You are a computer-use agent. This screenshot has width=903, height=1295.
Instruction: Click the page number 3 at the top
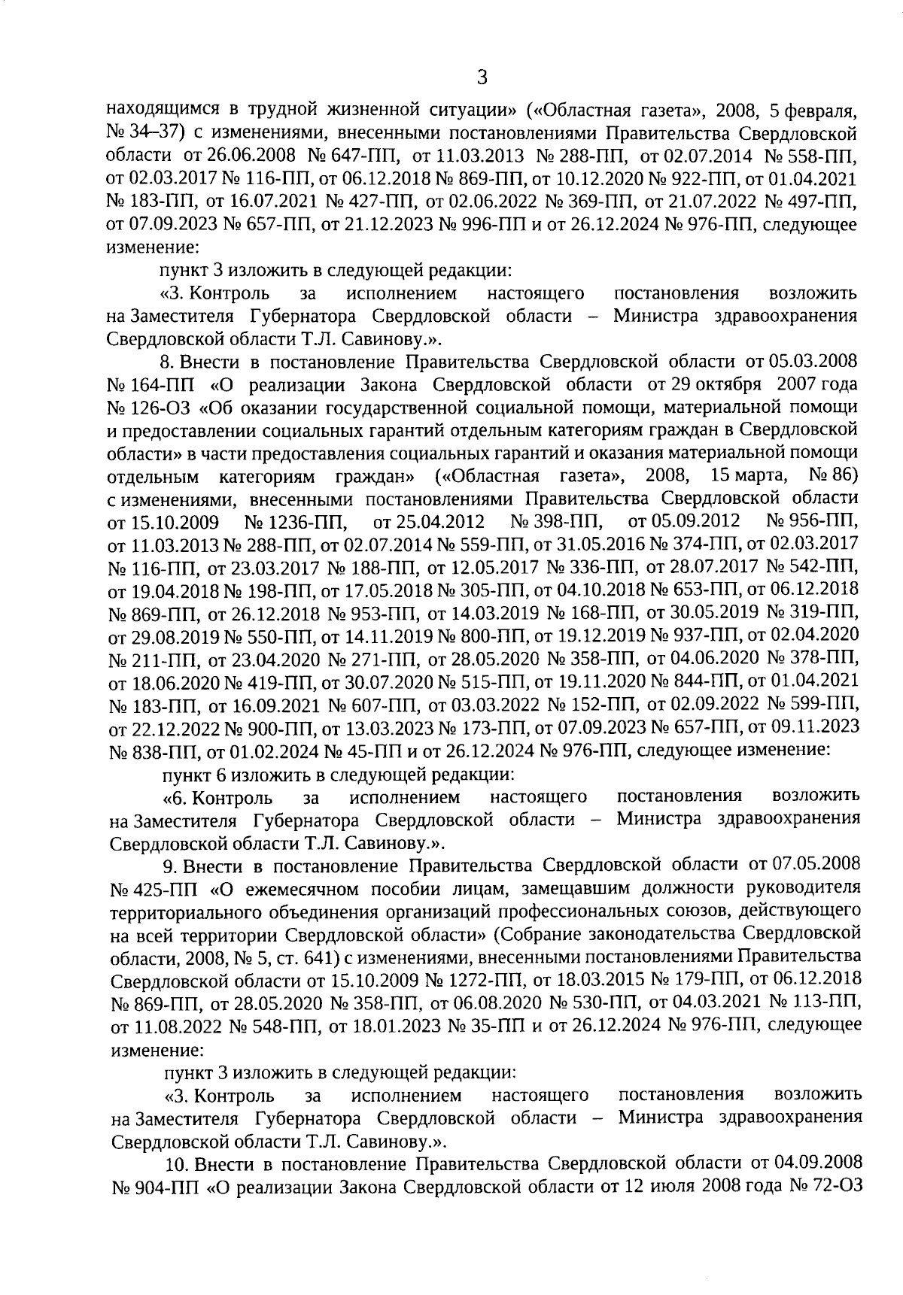tap(482, 77)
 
